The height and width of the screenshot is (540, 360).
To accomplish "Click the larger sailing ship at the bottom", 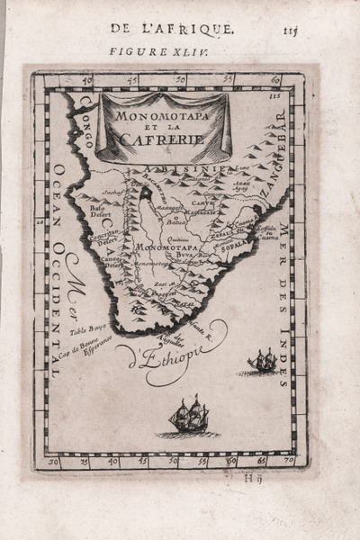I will pos(189,418).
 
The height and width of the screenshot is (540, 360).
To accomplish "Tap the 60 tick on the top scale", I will pos(273,81).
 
